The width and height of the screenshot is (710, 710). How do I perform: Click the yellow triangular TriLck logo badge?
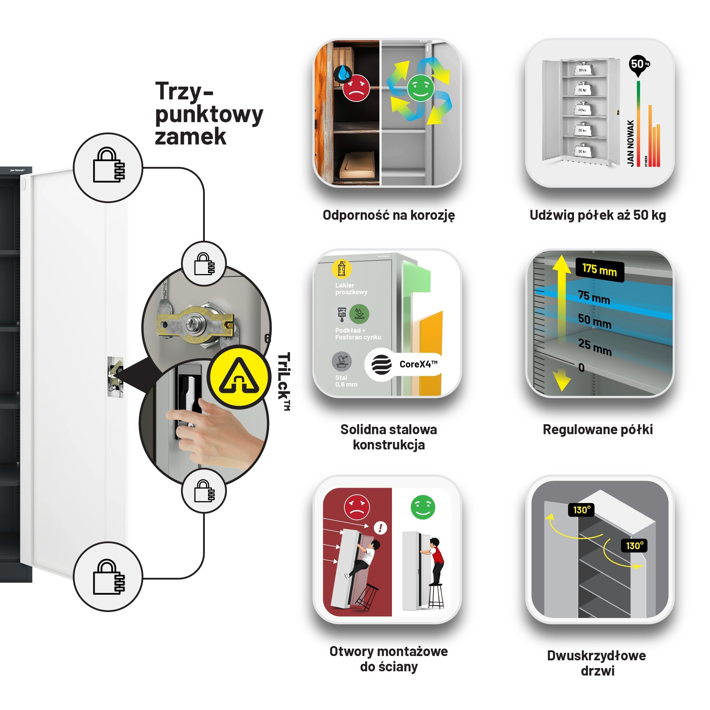(x=239, y=377)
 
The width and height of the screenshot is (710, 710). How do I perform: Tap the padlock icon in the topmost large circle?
(x=108, y=168)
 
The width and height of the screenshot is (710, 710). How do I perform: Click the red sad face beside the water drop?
(x=356, y=88)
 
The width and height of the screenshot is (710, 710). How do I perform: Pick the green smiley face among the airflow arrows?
(x=421, y=88)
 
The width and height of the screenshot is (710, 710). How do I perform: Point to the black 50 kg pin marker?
(x=639, y=65)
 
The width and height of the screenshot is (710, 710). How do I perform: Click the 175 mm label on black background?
(x=599, y=271)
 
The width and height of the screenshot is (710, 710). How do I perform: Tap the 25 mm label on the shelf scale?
(x=595, y=347)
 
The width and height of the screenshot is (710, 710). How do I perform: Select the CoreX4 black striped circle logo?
(x=381, y=365)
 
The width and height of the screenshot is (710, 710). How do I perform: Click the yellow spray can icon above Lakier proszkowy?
(x=342, y=269)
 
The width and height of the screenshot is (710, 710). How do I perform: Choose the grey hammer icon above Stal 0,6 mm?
(x=342, y=361)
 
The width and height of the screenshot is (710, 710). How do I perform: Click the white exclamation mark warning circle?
(x=380, y=528)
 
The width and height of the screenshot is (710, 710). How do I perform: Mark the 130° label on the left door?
(x=581, y=510)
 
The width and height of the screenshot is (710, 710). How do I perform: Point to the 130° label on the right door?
(x=635, y=546)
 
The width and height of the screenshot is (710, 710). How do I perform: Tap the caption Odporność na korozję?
(x=389, y=215)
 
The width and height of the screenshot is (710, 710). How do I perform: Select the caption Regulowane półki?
(x=597, y=430)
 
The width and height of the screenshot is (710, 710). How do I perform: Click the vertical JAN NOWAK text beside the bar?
(x=630, y=143)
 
